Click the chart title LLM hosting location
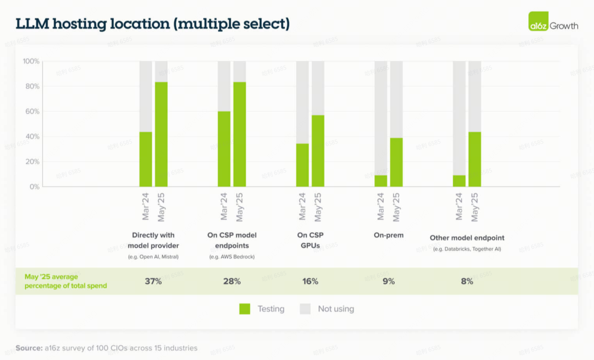[152, 24]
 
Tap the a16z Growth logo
[553, 22]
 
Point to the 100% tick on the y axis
[31, 61]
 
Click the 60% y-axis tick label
[32, 111]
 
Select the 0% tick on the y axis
[34, 187]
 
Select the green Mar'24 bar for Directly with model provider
[146, 159]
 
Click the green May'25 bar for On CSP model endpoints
[240, 134]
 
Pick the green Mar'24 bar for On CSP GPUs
[302, 165]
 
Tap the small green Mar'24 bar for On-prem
[381, 181]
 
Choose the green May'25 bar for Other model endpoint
[474, 159]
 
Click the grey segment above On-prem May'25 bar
[396, 99]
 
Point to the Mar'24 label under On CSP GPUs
[302, 207]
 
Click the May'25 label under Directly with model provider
[161, 207]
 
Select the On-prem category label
[388, 235]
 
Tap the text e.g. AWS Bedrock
[232, 257]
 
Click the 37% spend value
[153, 281]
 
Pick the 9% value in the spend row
[388, 281]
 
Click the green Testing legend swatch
[245, 309]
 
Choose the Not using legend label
[336, 309]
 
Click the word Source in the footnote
[29, 348]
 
